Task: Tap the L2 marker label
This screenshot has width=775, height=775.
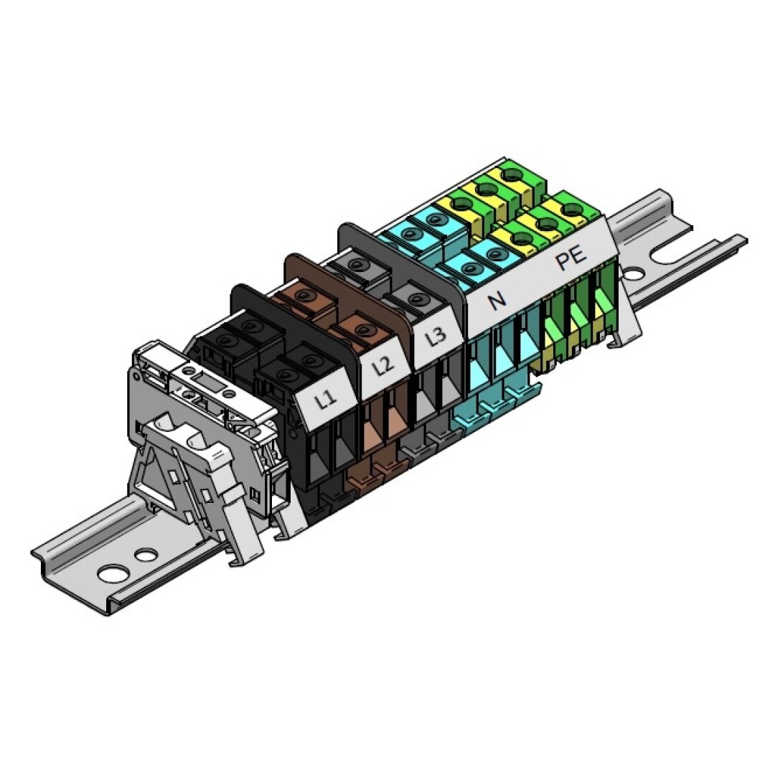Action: point(382,367)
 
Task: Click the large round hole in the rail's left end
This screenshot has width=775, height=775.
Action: point(113,573)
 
